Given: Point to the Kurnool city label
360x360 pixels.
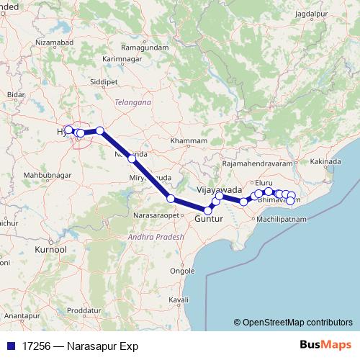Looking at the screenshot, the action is click(x=50, y=248).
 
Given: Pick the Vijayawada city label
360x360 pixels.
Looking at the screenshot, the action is click(x=219, y=189).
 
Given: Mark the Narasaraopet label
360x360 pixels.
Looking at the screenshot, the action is click(x=158, y=216).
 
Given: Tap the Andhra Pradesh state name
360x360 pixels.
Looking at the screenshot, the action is click(x=153, y=236).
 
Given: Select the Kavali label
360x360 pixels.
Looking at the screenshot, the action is click(x=178, y=299).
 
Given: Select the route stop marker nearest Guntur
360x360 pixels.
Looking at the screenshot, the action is click(x=208, y=210).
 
